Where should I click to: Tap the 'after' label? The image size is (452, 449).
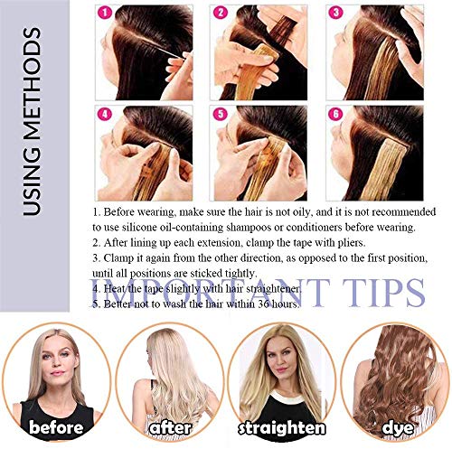169,426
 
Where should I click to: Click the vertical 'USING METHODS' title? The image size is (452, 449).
33,123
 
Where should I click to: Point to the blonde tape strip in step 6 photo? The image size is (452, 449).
379,167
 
